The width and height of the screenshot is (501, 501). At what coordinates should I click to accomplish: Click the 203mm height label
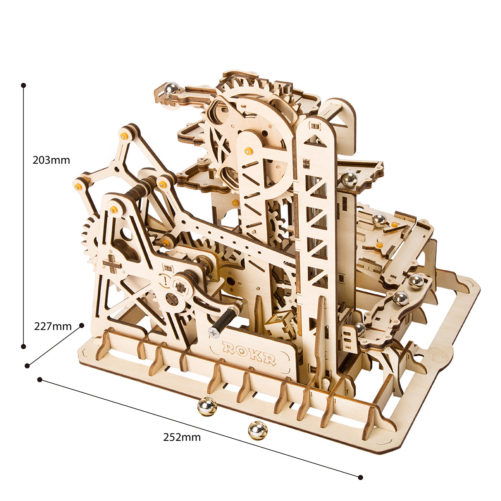pos(51,160)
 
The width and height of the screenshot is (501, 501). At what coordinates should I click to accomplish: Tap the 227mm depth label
pos(53,326)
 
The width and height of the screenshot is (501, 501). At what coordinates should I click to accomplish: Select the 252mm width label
pos(182,437)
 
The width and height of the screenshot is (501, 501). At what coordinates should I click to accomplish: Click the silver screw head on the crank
pos(214,332)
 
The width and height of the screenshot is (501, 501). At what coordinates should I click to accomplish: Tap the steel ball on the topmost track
pos(171,89)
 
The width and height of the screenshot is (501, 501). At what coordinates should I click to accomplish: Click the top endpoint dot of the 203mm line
pos(24,85)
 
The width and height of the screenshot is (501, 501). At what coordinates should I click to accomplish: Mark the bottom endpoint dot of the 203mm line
pos(24,346)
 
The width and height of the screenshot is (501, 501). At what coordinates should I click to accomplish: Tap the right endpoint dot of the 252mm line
pos(360,477)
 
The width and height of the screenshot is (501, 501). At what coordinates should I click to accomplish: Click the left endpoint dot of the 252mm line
pos(40,380)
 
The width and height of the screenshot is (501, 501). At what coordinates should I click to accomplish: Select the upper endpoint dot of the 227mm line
pos(82,325)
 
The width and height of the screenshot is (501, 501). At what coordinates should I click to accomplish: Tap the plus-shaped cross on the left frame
pos(111,264)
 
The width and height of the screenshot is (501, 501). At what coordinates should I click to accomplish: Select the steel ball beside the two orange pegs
pos(379,219)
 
